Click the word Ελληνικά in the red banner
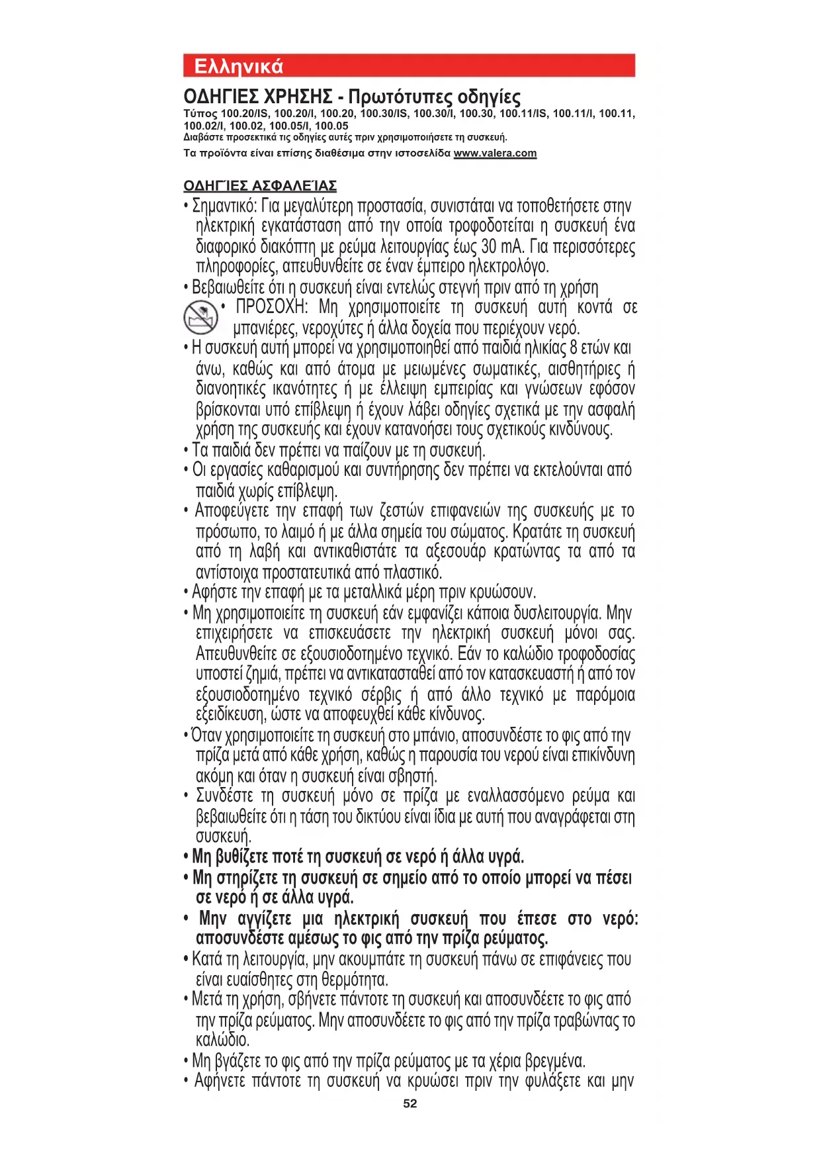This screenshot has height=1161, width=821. pyautogui.click(x=238, y=66)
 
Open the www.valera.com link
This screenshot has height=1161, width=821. pyautogui.click(x=495, y=154)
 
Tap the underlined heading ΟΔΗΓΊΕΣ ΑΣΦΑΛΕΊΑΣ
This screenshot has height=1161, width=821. pyautogui.click(x=260, y=186)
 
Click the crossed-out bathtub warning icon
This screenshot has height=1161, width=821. pyautogui.click(x=200, y=317)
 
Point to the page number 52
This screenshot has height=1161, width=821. pyautogui.click(x=410, y=1103)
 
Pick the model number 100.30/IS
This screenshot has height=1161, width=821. pyautogui.click(x=384, y=114)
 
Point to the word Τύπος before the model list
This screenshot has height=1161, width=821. pyautogui.click(x=200, y=114)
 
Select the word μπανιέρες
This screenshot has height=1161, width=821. pyautogui.click(x=265, y=328)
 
